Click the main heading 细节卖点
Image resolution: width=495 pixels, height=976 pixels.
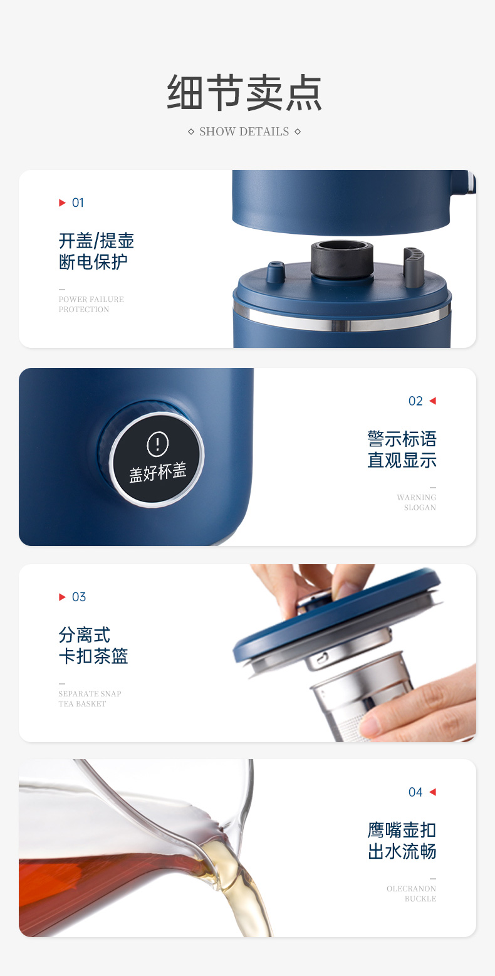coord(244,93)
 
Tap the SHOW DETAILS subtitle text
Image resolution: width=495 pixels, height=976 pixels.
coord(244,132)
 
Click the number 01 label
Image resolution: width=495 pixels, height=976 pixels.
coord(78,202)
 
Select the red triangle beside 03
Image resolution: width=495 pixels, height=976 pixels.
coord(62,597)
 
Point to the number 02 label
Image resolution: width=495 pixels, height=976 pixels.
coord(415,401)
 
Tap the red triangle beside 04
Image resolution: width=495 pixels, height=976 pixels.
coord(433,792)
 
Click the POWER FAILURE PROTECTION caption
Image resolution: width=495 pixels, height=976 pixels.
coord(91,304)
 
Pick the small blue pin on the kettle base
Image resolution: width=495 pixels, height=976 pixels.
coord(276,271)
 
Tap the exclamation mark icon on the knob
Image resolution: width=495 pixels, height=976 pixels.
coord(158,444)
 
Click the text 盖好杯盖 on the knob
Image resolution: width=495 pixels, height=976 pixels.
coord(158,472)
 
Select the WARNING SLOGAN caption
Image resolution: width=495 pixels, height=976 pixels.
coord(416,502)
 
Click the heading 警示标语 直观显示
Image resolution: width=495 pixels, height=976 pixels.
coord(402,449)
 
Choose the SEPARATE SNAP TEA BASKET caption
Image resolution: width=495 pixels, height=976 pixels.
coord(90,698)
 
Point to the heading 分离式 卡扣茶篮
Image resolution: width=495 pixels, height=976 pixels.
coord(93,645)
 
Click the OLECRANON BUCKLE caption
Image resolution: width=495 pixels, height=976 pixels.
coord(412,894)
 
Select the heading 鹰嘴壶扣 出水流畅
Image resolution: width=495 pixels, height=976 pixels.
coord(402,841)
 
